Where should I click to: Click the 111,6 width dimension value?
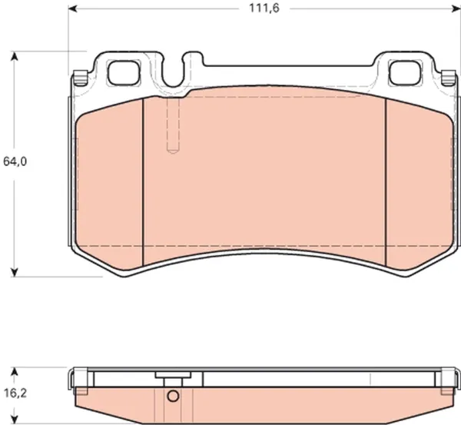pos(264,8)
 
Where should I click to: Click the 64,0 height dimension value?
pos(15,161)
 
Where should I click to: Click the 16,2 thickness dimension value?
pos(15,393)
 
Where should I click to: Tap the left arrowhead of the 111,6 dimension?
pos(72,8)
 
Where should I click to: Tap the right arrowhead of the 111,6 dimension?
pos(456,8)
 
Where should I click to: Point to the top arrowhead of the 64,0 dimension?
pos(14,56)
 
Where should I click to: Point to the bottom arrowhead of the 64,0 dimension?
pos(14,272)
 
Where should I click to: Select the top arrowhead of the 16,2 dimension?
pos(14,371)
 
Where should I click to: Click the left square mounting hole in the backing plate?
pos(124,73)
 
